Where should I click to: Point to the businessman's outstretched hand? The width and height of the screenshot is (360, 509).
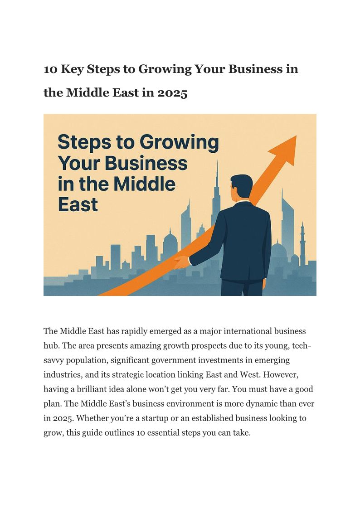pyautogui.click(x=181, y=262)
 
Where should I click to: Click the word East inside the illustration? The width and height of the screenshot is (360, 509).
pyautogui.click(x=78, y=204)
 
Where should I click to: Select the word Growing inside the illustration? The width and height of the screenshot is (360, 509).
pyautogui.click(x=180, y=143)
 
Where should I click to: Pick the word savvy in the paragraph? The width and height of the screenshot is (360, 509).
pyautogui.click(x=54, y=360)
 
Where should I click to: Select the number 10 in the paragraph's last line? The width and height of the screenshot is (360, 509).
pyautogui.click(x=139, y=432)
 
